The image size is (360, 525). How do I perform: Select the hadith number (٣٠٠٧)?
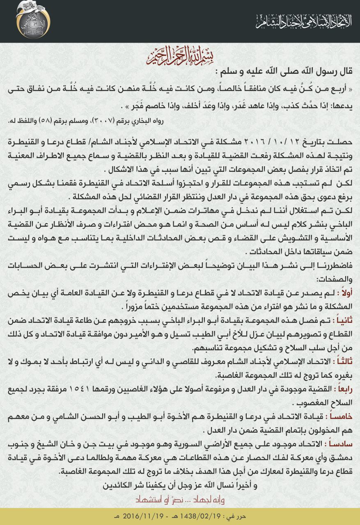pos(102,121)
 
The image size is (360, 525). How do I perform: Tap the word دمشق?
pos(342,457)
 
